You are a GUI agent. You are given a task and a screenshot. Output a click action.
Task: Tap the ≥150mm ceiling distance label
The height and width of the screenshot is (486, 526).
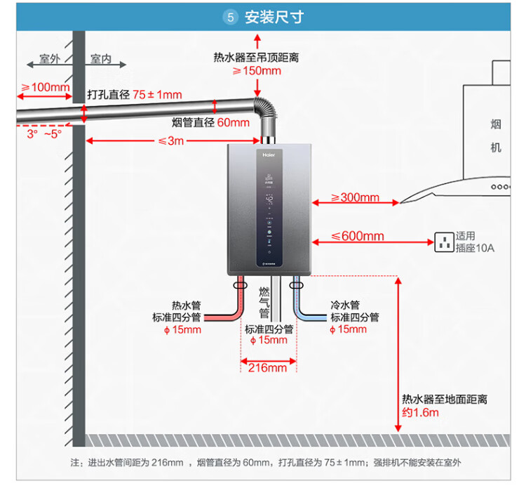click(257, 70)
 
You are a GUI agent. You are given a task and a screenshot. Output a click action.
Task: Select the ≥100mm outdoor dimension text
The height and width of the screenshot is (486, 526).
click(46, 87)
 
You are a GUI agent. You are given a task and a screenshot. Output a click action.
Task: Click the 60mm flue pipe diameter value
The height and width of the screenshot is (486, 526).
click(233, 122)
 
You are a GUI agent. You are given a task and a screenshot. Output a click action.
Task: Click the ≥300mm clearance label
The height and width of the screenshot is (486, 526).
click(355, 197)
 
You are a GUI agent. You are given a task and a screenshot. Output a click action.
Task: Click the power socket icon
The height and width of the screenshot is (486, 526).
click(443, 242)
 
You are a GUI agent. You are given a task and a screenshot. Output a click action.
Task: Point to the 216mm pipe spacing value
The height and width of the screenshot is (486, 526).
click(268, 367)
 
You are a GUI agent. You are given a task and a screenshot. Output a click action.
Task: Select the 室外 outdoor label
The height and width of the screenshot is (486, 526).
click(50, 60)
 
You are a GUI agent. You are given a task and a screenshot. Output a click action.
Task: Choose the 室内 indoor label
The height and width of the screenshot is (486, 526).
click(101, 60)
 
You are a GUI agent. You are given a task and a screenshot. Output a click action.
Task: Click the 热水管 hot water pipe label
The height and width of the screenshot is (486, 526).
click(187, 306)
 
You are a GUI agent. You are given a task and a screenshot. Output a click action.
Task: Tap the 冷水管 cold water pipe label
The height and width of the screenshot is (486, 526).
click(345, 306)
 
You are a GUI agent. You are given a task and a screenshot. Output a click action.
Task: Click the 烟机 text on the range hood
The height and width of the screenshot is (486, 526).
click(496, 136)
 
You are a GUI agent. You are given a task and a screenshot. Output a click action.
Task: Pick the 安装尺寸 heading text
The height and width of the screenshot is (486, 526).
click(274, 18)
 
